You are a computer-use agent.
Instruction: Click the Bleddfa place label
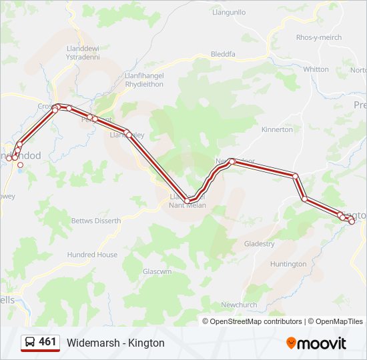click(x=223, y=54)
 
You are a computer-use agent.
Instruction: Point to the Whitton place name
click(x=316, y=69)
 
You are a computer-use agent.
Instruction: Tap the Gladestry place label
click(x=259, y=244)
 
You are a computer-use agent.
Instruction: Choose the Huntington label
click(x=288, y=264)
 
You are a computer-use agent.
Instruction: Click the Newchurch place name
click(x=239, y=305)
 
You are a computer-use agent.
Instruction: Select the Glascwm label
click(x=157, y=272)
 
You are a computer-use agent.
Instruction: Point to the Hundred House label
click(x=92, y=255)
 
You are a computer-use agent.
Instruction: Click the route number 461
click(x=47, y=342)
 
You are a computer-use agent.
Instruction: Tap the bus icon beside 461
click(x=31, y=342)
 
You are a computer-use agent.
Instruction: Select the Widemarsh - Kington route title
click(x=115, y=343)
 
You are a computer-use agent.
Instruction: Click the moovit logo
click(x=316, y=343)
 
